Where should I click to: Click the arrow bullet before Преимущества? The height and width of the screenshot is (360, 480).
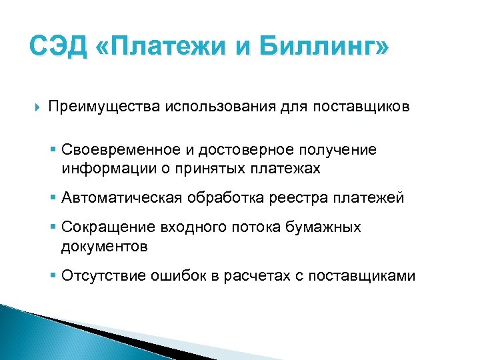(35, 107)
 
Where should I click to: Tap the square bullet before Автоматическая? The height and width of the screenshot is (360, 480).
(54, 199)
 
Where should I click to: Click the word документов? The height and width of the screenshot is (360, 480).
(105, 246)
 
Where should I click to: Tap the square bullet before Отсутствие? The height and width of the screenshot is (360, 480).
(54, 276)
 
